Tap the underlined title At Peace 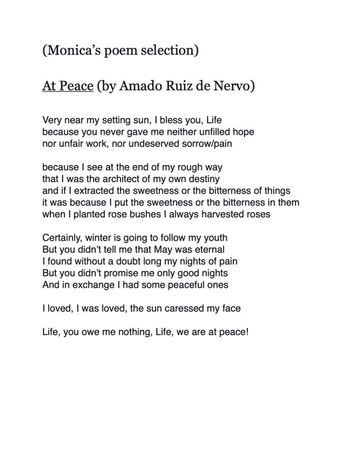click(68, 86)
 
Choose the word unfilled click(212, 132)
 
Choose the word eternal click(209, 249)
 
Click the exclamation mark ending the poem click(247, 332)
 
